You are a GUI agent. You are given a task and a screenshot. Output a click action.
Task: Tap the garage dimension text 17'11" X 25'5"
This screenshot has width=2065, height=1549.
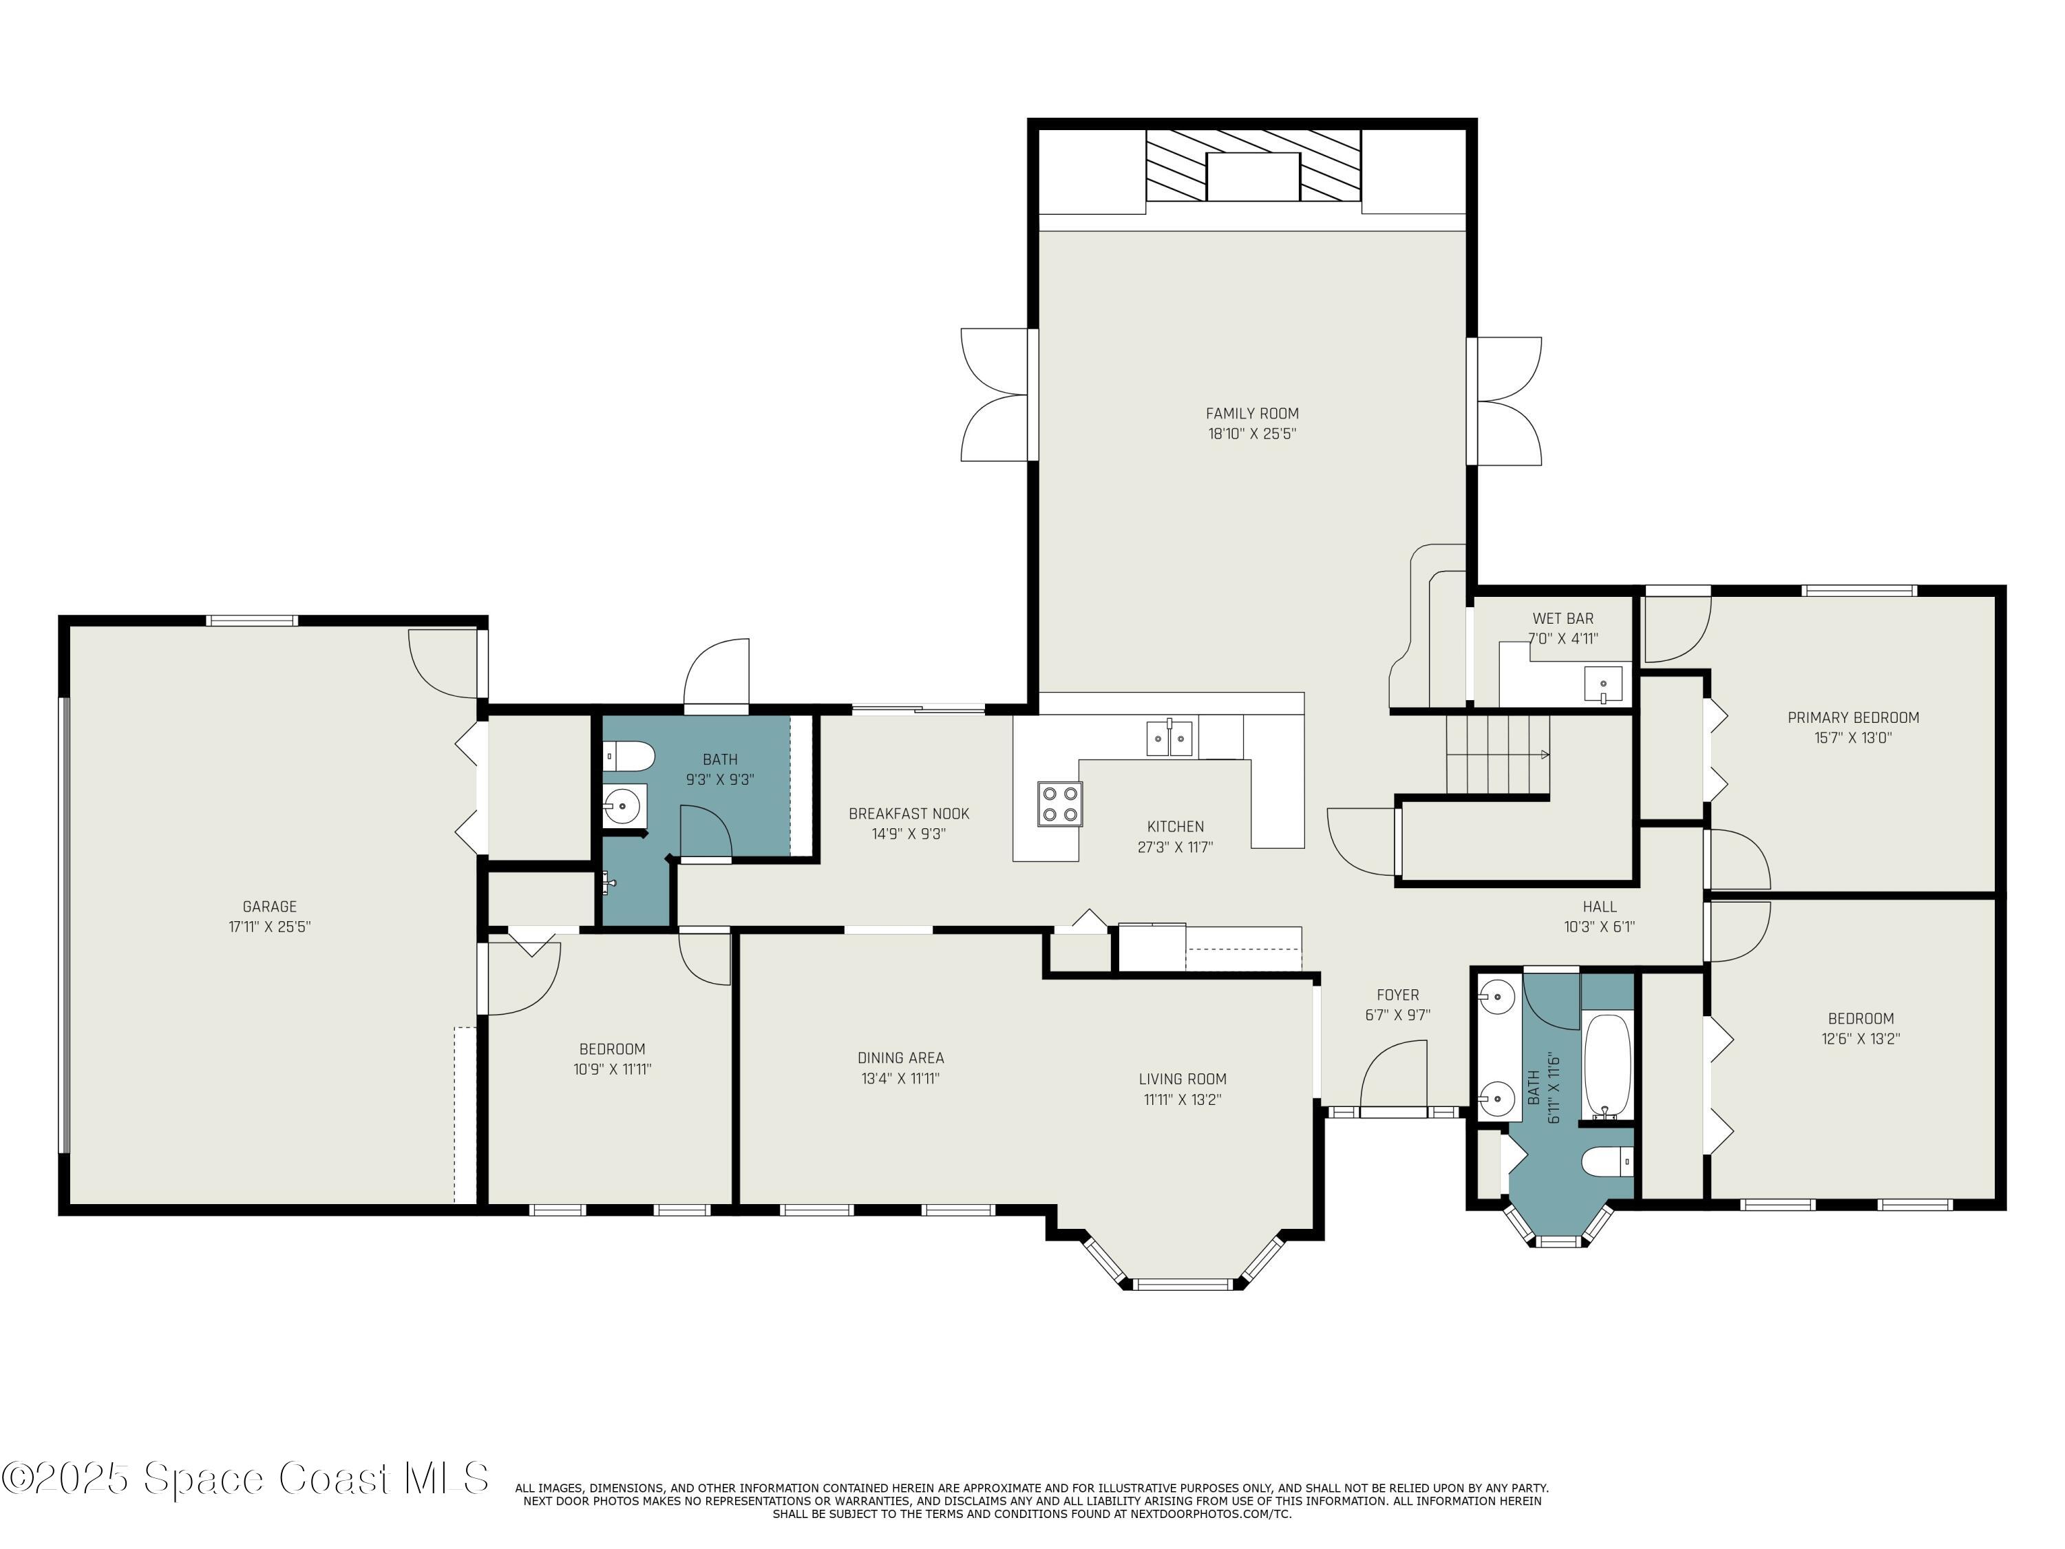coord(270,927)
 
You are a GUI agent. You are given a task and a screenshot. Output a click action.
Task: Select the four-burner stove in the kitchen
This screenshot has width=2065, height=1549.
coord(1059,804)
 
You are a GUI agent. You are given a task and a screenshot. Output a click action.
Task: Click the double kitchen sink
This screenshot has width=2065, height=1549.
coord(1169,739)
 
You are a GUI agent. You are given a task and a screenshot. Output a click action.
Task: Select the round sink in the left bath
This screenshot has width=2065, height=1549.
coord(621,804)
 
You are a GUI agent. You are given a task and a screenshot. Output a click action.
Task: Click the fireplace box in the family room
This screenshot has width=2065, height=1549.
coord(1252,176)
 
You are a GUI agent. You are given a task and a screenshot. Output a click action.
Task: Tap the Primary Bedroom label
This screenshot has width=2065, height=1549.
coord(1852,718)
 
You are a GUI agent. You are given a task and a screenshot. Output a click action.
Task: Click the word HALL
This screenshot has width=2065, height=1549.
coord(1599,907)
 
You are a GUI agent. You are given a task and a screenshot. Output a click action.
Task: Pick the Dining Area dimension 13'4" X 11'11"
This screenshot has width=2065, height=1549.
coord(900,1078)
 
